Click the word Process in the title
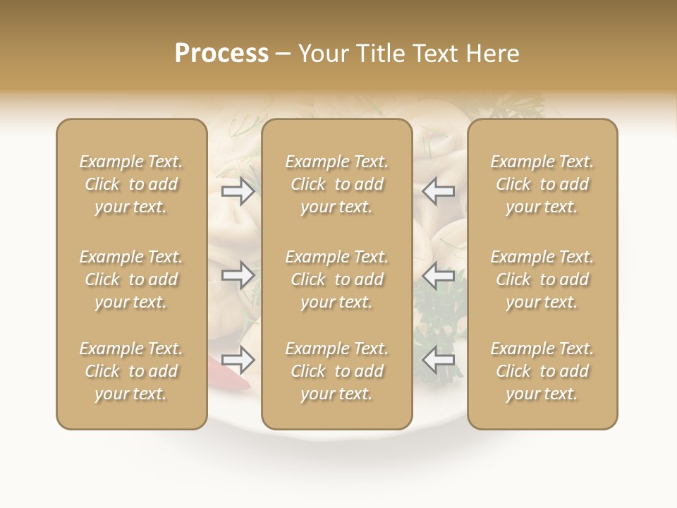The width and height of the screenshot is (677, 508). (221, 54)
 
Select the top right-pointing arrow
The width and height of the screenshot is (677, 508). (238, 191)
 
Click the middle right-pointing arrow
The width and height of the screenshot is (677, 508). (238, 274)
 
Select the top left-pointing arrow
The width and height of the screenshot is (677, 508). (439, 191)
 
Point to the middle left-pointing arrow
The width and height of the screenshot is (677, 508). (439, 274)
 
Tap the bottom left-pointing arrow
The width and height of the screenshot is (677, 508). (439, 360)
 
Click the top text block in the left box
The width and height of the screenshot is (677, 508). (131, 184)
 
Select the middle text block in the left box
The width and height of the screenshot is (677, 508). (131, 279)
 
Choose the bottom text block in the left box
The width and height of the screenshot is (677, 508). (131, 371)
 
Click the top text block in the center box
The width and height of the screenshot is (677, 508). (336, 184)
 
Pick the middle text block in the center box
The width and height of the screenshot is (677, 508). (336, 279)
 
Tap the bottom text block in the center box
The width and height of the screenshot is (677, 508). (336, 371)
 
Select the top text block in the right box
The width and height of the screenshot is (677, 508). (542, 184)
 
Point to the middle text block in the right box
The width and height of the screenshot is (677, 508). (542, 279)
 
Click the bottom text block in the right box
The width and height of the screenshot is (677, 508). (542, 371)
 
